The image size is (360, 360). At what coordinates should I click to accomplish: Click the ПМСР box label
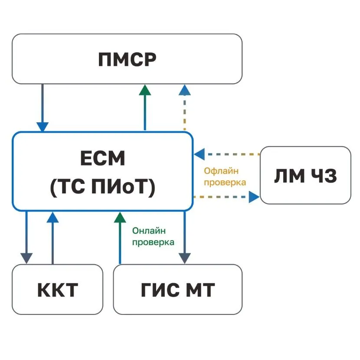[x=127, y=59]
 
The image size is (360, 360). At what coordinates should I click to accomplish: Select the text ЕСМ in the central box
[x=102, y=159]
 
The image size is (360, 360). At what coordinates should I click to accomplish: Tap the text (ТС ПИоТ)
[x=102, y=187]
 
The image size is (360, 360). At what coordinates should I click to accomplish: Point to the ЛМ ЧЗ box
[x=305, y=175]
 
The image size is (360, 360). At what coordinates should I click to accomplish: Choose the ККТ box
[x=57, y=289]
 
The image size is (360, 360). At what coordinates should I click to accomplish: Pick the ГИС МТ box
[x=178, y=289]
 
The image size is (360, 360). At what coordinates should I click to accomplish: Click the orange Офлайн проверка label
[x=225, y=177]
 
